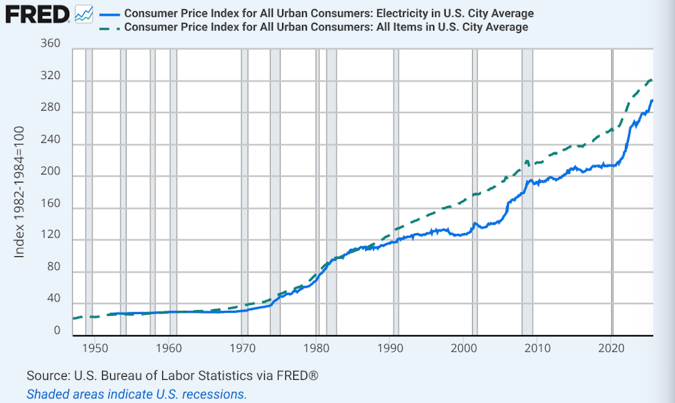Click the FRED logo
click(x=36, y=13)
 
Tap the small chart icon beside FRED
click(x=84, y=13)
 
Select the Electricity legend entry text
click(x=329, y=14)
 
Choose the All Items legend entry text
click(x=326, y=27)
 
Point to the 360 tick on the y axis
click(x=51, y=44)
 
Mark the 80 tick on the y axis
click(x=54, y=267)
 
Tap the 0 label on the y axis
click(x=57, y=331)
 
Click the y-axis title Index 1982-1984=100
click(x=20, y=192)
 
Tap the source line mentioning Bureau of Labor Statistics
click(x=173, y=376)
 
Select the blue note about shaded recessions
click(x=136, y=394)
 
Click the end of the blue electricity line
click(x=652, y=100)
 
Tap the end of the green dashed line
click(x=652, y=80)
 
